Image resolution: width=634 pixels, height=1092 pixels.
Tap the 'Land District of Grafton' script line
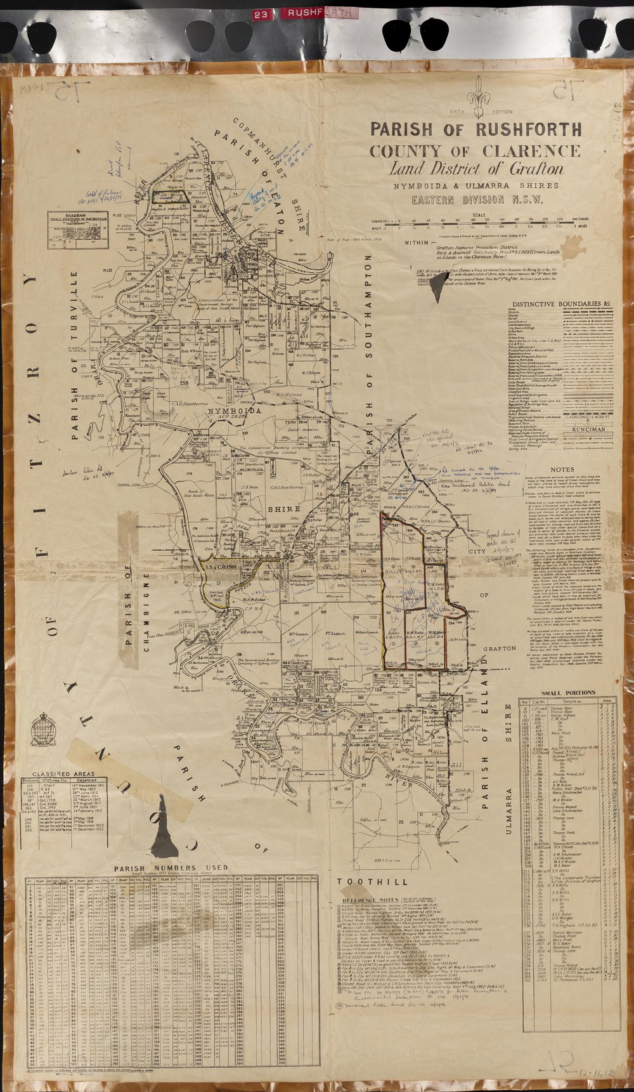coord(476,169)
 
